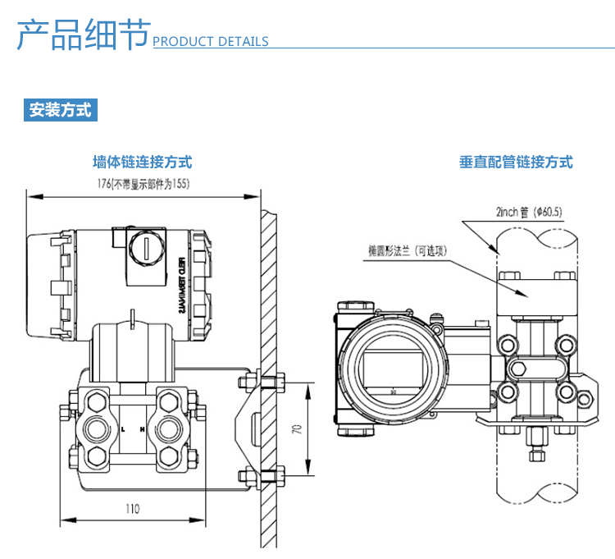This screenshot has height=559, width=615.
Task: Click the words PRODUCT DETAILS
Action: pos(211,41)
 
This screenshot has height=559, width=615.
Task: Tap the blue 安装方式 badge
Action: pos(61,110)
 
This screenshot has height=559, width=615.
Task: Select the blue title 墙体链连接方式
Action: pos(143,163)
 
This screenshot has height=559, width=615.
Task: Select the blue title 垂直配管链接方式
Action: pos(516,163)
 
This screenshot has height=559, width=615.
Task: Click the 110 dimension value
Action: pos(132,509)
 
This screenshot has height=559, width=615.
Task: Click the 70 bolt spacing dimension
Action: pos(298,428)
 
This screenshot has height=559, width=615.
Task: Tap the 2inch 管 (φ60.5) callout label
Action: pos(529,211)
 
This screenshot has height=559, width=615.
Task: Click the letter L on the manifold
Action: pos(122,429)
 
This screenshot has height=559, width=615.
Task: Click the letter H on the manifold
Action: pos(143,429)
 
